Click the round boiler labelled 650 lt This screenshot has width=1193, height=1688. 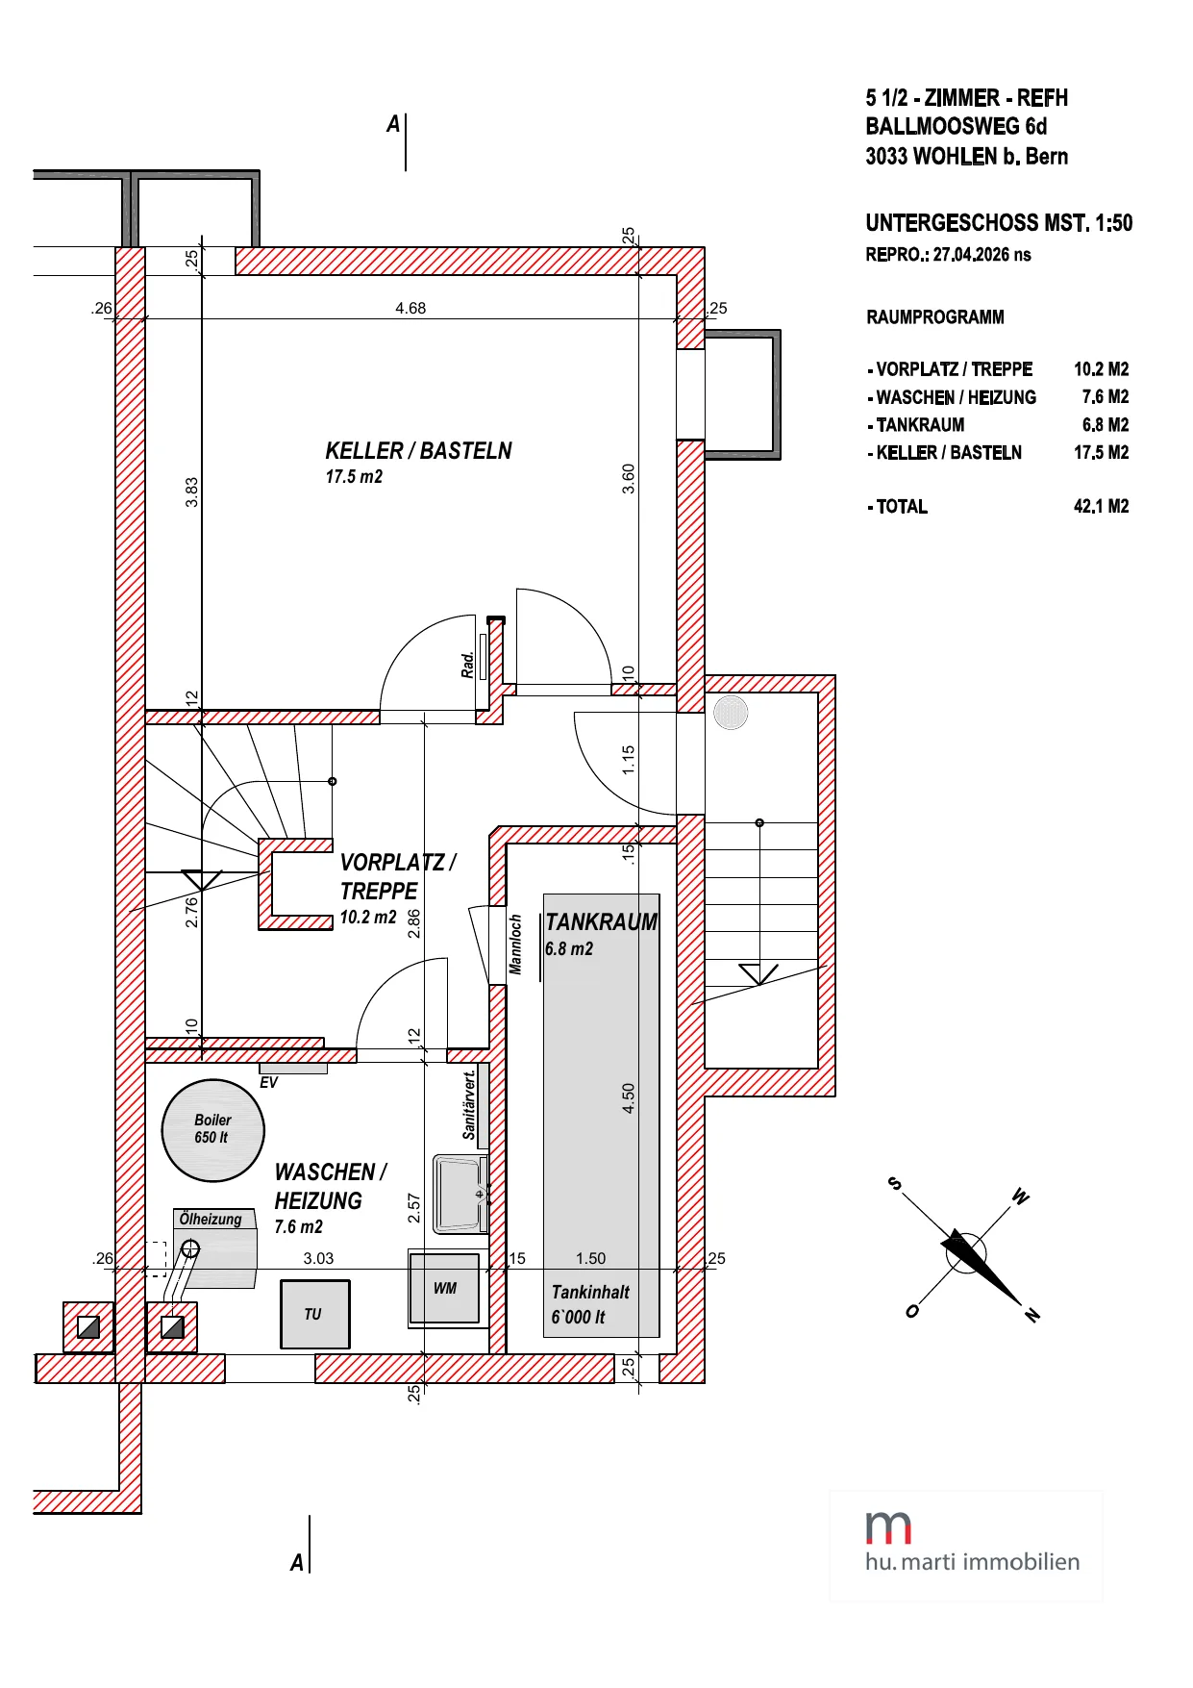(x=212, y=1130)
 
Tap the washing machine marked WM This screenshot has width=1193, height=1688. (x=444, y=1288)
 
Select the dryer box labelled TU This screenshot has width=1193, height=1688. (x=314, y=1314)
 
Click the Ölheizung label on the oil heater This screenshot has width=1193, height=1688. (x=211, y=1220)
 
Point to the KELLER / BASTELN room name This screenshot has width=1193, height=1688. (x=418, y=451)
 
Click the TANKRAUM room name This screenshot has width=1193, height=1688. (x=601, y=922)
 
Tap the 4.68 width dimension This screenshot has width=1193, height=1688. (x=410, y=309)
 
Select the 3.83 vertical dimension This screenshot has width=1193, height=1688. (x=192, y=491)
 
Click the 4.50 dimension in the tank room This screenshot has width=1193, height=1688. (x=629, y=1098)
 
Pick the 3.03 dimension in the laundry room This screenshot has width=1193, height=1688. (x=318, y=1258)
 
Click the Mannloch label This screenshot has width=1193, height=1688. (x=515, y=945)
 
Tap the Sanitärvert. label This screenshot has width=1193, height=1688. (x=469, y=1105)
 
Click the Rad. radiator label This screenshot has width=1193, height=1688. (x=467, y=666)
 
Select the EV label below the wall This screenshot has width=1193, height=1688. (x=269, y=1083)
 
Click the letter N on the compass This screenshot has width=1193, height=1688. (x=1032, y=1315)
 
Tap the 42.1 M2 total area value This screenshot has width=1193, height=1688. (x=1102, y=506)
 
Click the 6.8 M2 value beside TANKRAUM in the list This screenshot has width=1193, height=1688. (x=1106, y=425)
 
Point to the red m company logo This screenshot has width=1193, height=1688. (x=888, y=1527)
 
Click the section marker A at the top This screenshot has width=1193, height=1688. (x=393, y=124)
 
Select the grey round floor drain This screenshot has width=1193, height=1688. (x=731, y=713)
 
